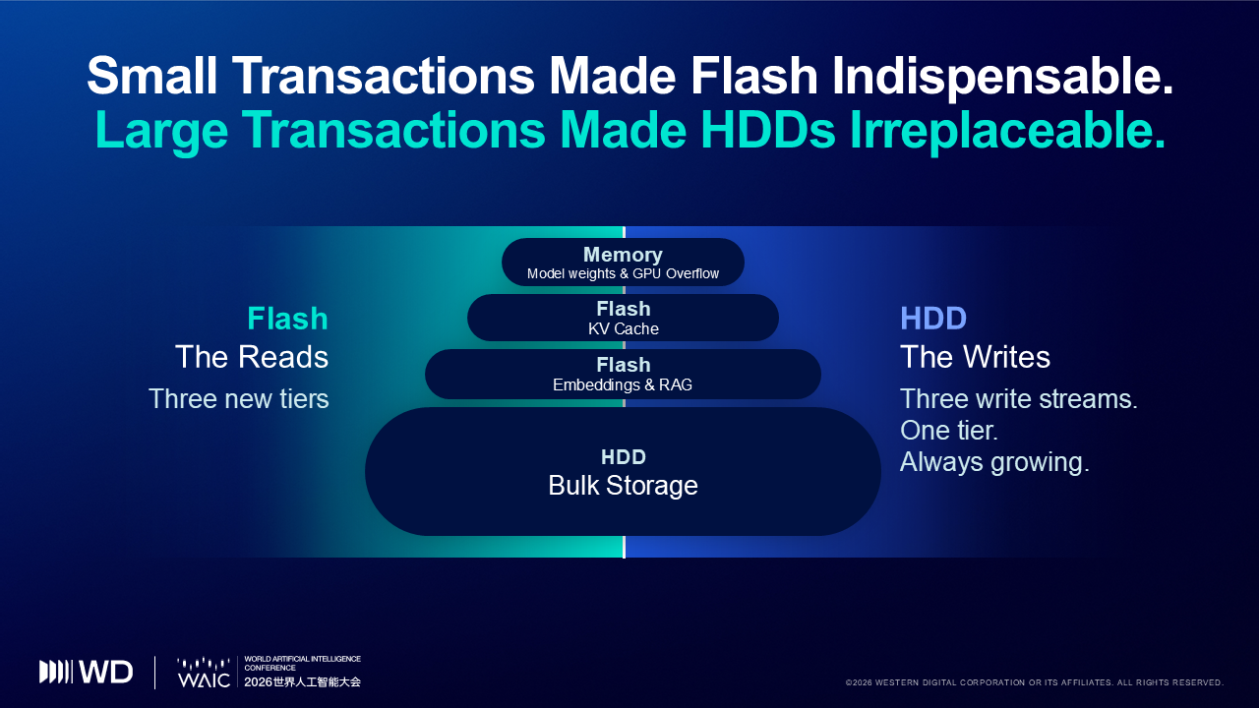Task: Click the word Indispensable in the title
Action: [x=1002, y=77]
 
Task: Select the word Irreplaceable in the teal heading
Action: [x=1006, y=131]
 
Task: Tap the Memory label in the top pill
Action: [x=623, y=255]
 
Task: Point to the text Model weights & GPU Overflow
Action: [x=623, y=273]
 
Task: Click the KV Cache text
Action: [x=624, y=328]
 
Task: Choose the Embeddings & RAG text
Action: [x=623, y=384]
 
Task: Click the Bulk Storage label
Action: [x=623, y=486]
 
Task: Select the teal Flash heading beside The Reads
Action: [x=287, y=319]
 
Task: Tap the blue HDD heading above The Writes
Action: [x=933, y=319]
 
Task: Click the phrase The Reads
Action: [x=251, y=357]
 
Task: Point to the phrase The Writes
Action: [x=975, y=357]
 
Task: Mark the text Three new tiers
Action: [x=238, y=399]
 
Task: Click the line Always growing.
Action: [x=994, y=462]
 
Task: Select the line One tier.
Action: [x=949, y=431]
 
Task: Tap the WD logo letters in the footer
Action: [x=105, y=672]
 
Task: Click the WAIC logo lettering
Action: [x=204, y=679]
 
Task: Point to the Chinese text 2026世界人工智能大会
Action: [x=302, y=682]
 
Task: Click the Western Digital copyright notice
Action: [x=1034, y=682]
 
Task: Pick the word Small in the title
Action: [x=151, y=77]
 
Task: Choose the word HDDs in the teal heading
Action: [x=768, y=131]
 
